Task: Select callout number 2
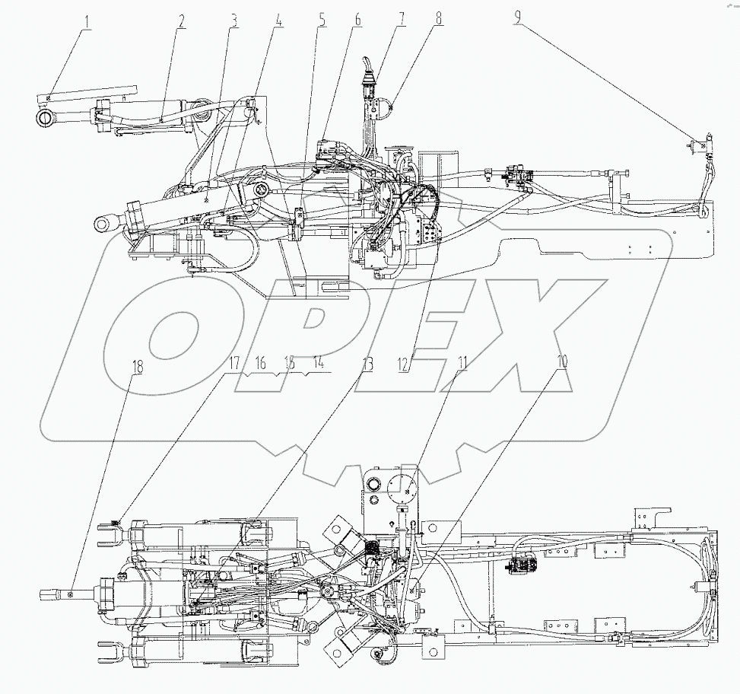[180, 20]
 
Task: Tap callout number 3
[233, 20]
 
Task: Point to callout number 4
[278, 20]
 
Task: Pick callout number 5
[322, 20]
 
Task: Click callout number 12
[405, 364]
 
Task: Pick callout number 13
[367, 364]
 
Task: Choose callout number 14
[318, 364]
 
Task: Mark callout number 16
[261, 364]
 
